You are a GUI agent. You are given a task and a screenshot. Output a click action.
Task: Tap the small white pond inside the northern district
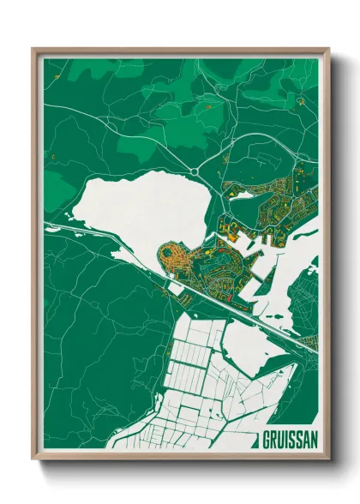tap(243, 195)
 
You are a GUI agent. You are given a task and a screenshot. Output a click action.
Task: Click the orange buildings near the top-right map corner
tap(300, 101)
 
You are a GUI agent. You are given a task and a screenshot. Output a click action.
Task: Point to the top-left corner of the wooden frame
tap(33, 49)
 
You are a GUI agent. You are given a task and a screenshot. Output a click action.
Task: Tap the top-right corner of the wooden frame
tap(328, 49)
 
